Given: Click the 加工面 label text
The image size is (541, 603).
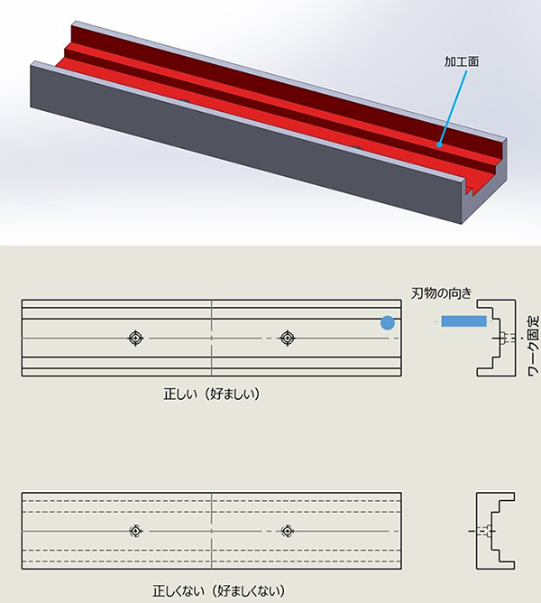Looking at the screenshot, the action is tap(462, 61).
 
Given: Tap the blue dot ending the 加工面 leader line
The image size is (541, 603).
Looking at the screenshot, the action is tap(438, 144).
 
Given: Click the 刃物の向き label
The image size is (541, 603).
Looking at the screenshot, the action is tap(441, 293).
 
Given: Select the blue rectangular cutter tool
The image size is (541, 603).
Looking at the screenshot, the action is tap(463, 320).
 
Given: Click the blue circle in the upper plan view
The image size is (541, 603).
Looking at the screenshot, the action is tap(388, 323).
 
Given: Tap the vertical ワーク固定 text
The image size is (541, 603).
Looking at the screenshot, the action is tap(533, 346).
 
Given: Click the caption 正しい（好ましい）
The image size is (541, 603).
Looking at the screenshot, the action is tap(212, 394).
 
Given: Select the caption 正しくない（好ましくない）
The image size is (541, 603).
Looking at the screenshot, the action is tap(218, 590).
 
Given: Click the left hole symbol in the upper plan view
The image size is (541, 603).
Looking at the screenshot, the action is tap(135, 338).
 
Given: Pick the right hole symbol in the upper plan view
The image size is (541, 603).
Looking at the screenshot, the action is tap(287, 338).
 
